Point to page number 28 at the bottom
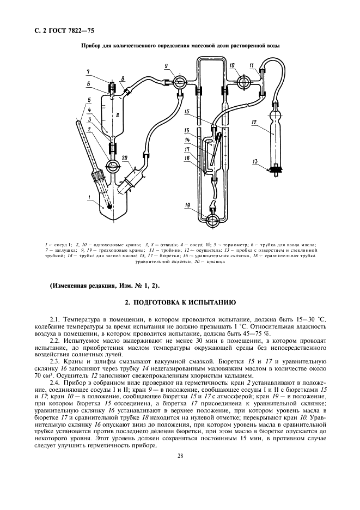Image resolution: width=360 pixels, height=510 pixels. click(179, 456)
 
